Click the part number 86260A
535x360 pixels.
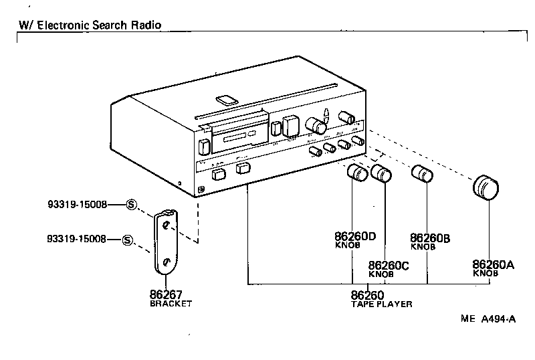[x=493, y=265]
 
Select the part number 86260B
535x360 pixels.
[x=429, y=238]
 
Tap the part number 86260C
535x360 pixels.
[x=389, y=266]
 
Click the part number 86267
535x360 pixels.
[x=166, y=294]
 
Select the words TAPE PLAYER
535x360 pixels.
[x=381, y=304]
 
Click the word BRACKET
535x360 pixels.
[x=171, y=303]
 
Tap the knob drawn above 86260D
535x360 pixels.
[x=358, y=173]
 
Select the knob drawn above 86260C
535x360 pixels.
[x=381, y=173]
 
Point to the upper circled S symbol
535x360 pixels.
[x=132, y=205]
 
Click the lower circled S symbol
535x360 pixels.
[x=128, y=240]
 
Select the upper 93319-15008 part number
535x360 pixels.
[x=77, y=205]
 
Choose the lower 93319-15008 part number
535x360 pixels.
[x=77, y=239]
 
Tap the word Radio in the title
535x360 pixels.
[x=146, y=25]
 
